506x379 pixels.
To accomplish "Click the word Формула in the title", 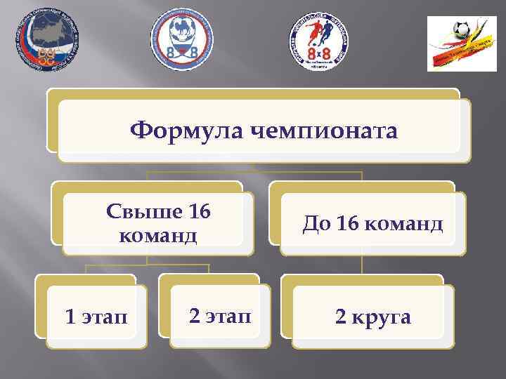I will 179,129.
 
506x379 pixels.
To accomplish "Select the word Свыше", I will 137,213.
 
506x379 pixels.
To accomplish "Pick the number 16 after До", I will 347,224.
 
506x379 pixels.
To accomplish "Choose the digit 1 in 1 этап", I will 69,317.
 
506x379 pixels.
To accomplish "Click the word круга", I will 382,317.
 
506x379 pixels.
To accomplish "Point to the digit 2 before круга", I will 340,317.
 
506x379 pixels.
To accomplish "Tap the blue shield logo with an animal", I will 181,42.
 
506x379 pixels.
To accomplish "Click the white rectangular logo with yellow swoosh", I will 462,43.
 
